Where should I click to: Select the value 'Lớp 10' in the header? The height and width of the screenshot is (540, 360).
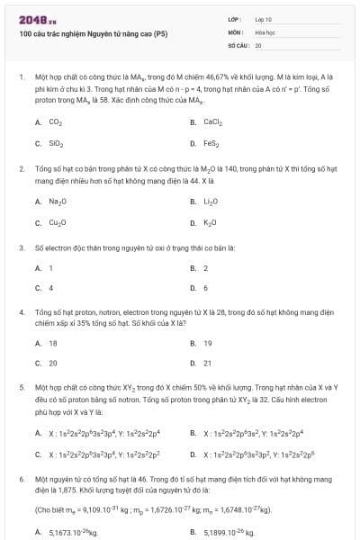click(x=264, y=18)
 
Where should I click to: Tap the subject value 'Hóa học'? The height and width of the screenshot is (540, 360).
click(x=265, y=31)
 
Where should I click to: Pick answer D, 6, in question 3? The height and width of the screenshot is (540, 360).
click(x=205, y=287)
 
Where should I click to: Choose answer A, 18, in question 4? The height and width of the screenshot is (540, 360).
click(x=53, y=343)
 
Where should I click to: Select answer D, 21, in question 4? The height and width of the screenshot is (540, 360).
click(x=207, y=364)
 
